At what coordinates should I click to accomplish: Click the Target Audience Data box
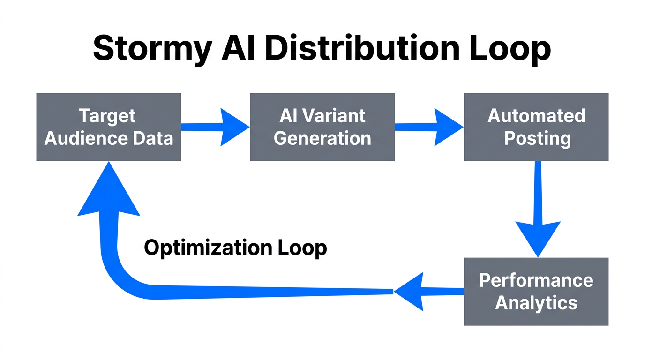point(109,127)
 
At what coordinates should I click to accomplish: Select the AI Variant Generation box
point(322,127)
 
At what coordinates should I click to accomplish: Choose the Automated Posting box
point(536,127)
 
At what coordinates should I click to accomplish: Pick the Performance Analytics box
point(536,292)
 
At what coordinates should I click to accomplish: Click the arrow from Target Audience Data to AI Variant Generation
point(216,127)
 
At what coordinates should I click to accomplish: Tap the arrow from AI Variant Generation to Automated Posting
point(429,127)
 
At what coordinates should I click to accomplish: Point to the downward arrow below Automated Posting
point(538,211)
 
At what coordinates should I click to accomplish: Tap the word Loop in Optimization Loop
point(301,247)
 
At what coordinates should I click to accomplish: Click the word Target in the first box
point(107,116)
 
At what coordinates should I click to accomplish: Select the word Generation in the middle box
point(322,138)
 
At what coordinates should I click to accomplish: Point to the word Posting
point(537,138)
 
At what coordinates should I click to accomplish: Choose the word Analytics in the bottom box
point(536,303)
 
